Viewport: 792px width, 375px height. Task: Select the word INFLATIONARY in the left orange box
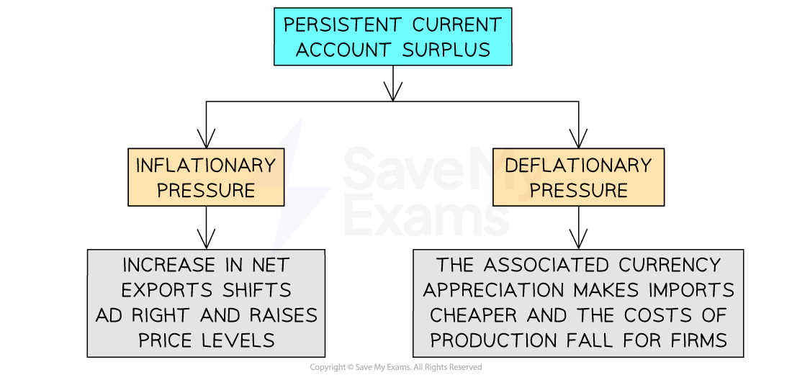[x=206, y=166]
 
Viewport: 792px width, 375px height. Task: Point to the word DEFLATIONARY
[x=578, y=166]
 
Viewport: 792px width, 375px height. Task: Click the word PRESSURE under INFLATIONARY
[x=206, y=190]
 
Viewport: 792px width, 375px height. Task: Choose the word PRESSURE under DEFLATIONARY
[x=578, y=190]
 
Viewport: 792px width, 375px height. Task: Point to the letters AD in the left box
[x=109, y=315]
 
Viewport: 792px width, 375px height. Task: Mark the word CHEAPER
[x=472, y=315]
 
